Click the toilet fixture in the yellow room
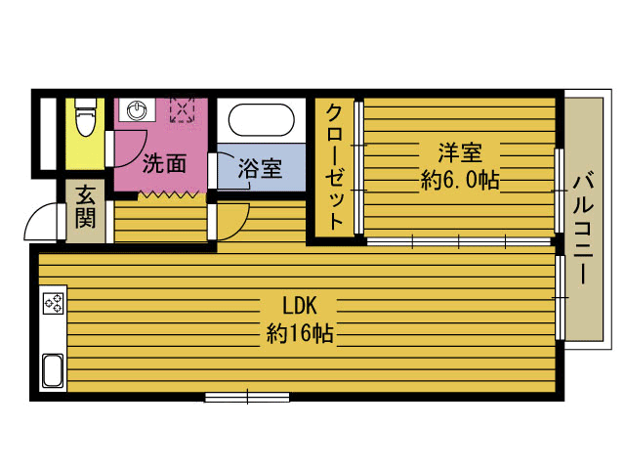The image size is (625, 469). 86,117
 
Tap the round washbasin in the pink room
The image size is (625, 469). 137,109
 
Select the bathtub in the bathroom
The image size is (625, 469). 262,119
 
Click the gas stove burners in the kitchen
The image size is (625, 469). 54,303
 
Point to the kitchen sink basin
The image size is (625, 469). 53,370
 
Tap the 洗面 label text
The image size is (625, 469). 164,163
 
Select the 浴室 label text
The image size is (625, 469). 260,168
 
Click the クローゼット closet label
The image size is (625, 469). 335,167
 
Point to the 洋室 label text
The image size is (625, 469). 460,152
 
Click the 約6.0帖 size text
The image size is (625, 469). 460,180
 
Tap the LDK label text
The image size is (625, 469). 300,306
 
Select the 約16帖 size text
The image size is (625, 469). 300,333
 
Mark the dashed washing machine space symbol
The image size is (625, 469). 183,108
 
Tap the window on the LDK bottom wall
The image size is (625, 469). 247,397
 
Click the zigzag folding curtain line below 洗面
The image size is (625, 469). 168,195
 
